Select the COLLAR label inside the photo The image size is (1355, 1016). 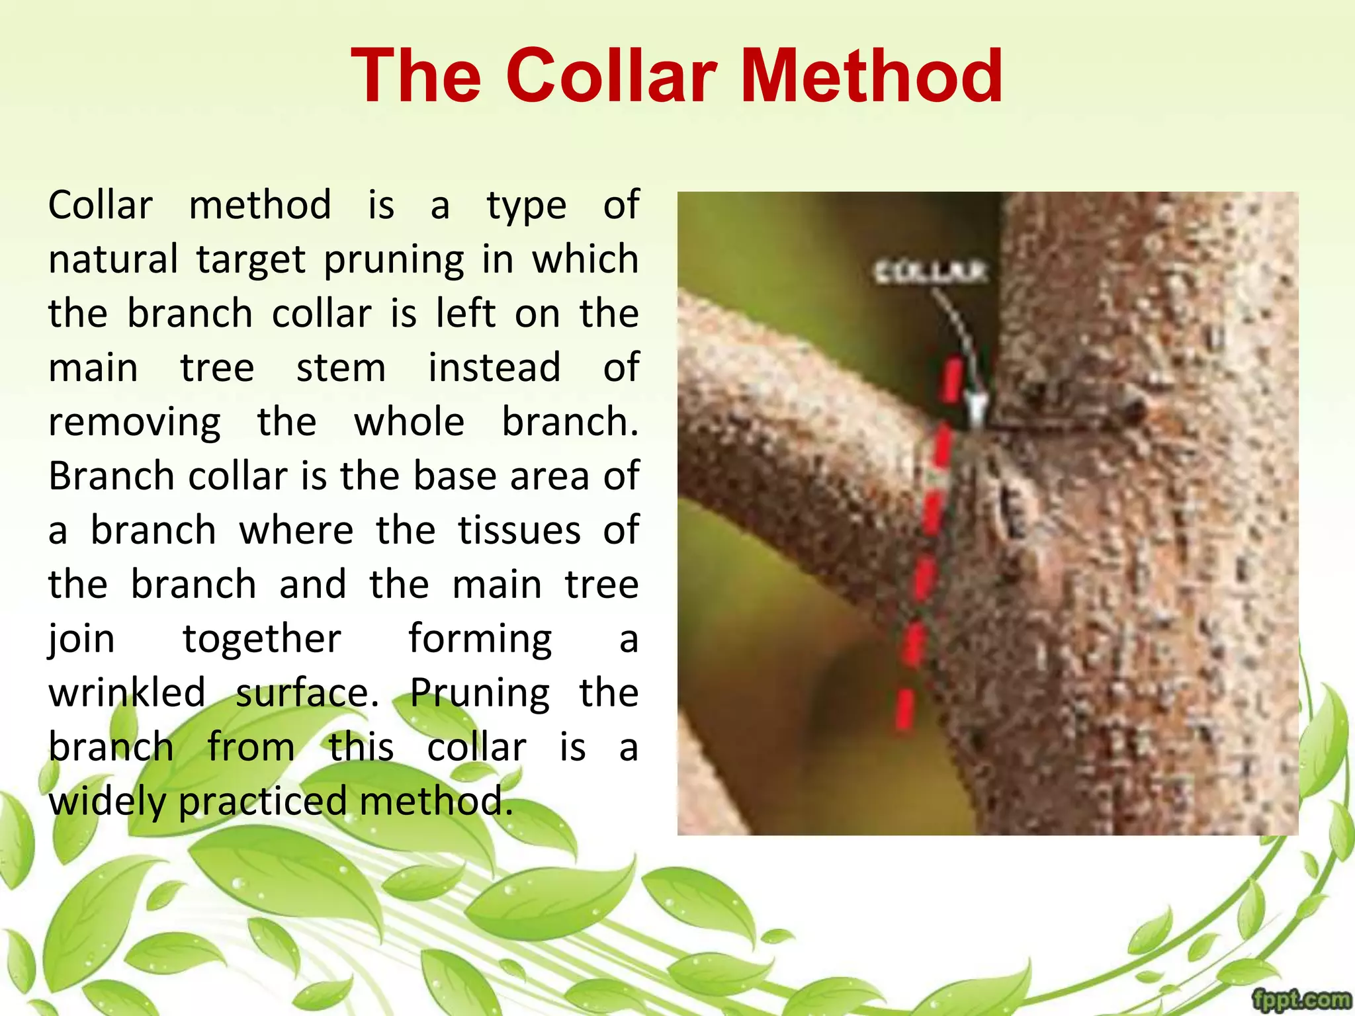point(930,272)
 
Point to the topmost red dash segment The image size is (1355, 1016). point(952,380)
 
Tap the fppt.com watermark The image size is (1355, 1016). point(1301,999)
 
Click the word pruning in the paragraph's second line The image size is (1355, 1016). point(394,260)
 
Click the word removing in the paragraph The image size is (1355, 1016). point(134,423)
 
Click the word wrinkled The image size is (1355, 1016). point(126,693)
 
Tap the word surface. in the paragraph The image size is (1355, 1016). point(307,693)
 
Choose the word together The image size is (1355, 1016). point(261,639)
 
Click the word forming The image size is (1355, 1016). point(480,639)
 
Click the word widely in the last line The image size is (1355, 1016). point(109,802)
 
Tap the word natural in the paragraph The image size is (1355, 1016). point(113,259)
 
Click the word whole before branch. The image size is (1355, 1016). point(409,422)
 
